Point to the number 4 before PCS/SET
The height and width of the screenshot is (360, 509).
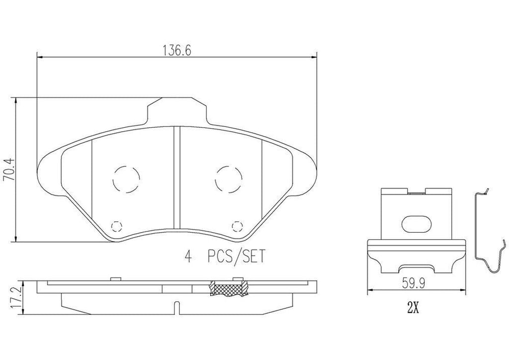pos(188,257)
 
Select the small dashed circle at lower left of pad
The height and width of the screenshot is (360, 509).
pos(117,227)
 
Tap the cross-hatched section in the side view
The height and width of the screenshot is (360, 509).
pos(228,289)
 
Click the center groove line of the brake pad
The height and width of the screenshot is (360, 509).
pos(176,179)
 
